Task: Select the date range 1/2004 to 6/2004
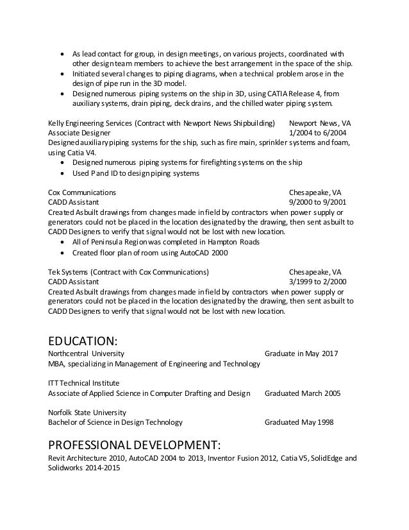click(319, 132)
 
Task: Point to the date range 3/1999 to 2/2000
click(319, 281)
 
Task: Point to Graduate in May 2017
click(301, 354)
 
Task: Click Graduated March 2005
click(303, 393)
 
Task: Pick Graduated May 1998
click(299, 422)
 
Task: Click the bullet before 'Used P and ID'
click(61, 174)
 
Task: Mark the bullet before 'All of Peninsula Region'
click(61, 243)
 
